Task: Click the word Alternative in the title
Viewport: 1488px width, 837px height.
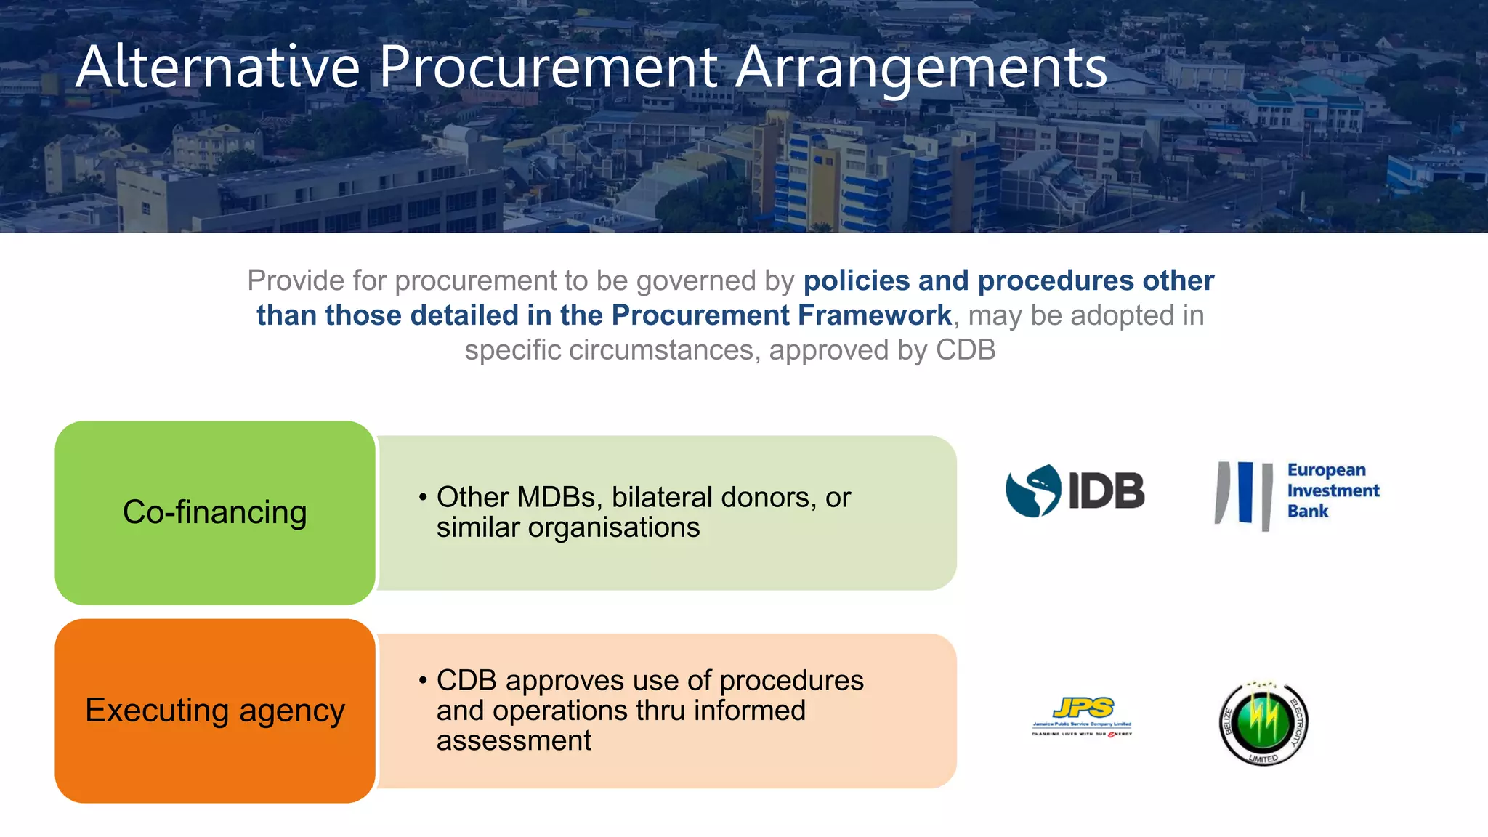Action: [x=218, y=67]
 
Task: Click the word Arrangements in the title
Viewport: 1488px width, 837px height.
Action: [x=921, y=67]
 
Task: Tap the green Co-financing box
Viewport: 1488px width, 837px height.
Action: [x=215, y=512]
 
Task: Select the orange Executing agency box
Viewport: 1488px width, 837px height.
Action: [x=215, y=711]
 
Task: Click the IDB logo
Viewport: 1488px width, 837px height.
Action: [x=1075, y=490]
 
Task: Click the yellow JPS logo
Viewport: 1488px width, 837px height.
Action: [x=1083, y=716]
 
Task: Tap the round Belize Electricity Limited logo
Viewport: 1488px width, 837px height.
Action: [x=1263, y=724]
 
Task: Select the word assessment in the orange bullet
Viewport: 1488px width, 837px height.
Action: [x=514, y=741]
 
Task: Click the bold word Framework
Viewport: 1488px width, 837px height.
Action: [x=875, y=315]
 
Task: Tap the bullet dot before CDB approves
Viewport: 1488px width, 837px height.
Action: [x=423, y=681]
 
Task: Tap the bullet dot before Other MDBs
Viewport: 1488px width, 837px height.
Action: [x=423, y=498]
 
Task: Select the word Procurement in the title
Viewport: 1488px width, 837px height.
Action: [x=549, y=67]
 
